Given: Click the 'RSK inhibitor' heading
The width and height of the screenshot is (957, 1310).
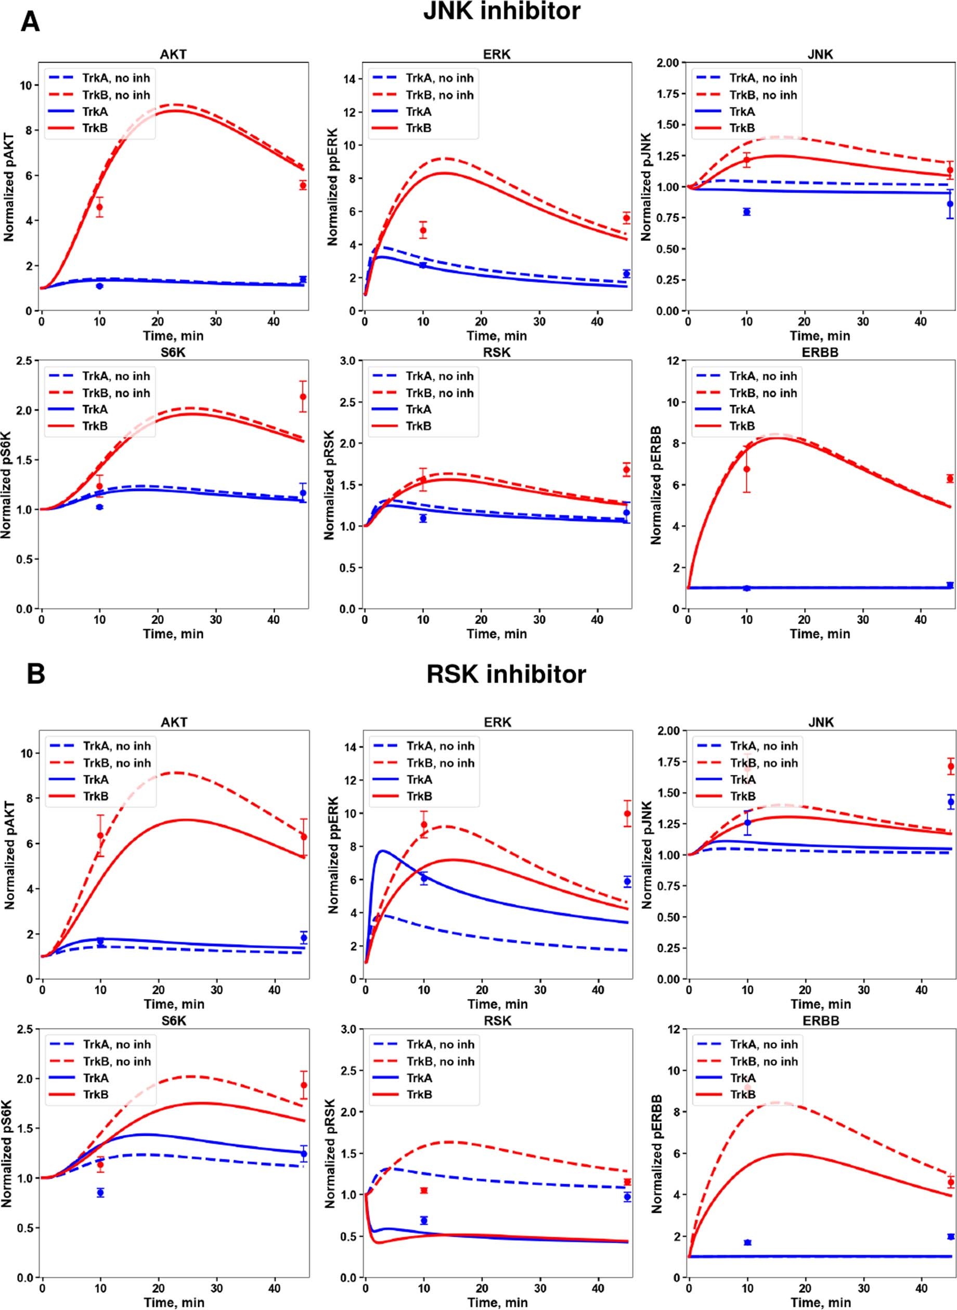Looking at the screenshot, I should (x=506, y=674).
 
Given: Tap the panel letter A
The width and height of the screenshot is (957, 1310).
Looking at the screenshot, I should (x=30, y=22).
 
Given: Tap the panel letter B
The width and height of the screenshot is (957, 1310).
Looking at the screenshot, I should (x=35, y=675).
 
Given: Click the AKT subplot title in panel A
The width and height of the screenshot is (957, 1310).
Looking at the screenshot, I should (x=174, y=55).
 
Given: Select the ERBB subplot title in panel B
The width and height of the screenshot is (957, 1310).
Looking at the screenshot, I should (x=821, y=1020).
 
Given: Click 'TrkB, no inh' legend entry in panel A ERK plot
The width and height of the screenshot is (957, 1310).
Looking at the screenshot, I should (x=439, y=95).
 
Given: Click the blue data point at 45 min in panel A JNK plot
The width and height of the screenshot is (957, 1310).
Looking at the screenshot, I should (x=950, y=204).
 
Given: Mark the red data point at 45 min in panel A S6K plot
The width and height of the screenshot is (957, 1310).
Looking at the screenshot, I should (x=302, y=397).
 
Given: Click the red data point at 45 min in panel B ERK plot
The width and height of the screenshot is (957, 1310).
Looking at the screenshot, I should (x=627, y=814).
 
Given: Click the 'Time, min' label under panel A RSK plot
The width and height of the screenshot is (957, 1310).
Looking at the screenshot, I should (x=497, y=633).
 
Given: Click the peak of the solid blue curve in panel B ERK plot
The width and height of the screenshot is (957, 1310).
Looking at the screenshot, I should (x=382, y=851).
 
